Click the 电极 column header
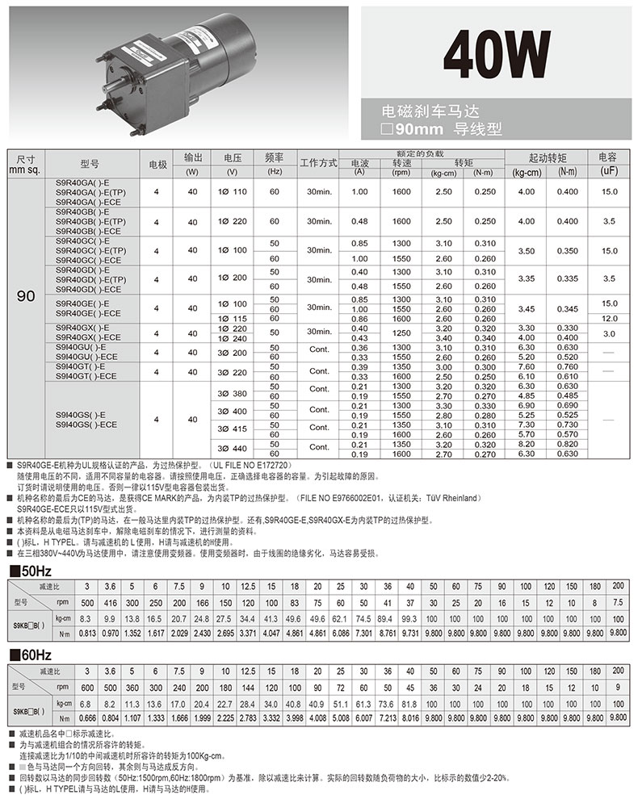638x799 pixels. (158, 165)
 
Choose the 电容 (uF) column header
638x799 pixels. (609, 165)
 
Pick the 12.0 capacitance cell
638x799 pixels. (609, 319)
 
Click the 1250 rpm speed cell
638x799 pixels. (401, 333)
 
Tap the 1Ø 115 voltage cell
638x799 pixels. (233, 319)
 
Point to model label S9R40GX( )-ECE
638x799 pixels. (89, 337)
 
